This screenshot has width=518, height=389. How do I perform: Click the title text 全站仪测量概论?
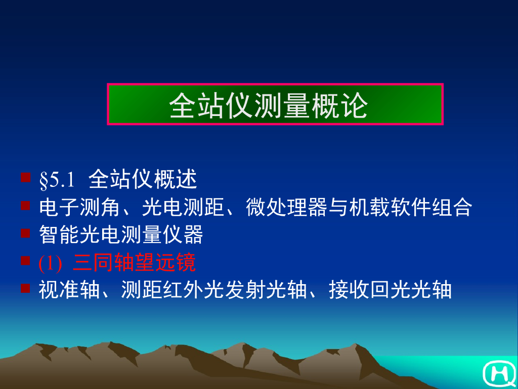click(269, 105)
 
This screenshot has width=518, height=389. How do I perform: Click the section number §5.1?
click(57, 180)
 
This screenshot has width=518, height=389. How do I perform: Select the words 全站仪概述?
click(142, 179)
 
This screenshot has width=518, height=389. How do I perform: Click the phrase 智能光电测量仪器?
click(121, 235)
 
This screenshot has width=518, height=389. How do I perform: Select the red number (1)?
click(50, 263)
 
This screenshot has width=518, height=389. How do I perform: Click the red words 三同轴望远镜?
click(134, 263)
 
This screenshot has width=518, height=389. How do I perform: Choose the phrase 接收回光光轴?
click(390, 291)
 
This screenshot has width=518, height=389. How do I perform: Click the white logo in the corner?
click(498, 373)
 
